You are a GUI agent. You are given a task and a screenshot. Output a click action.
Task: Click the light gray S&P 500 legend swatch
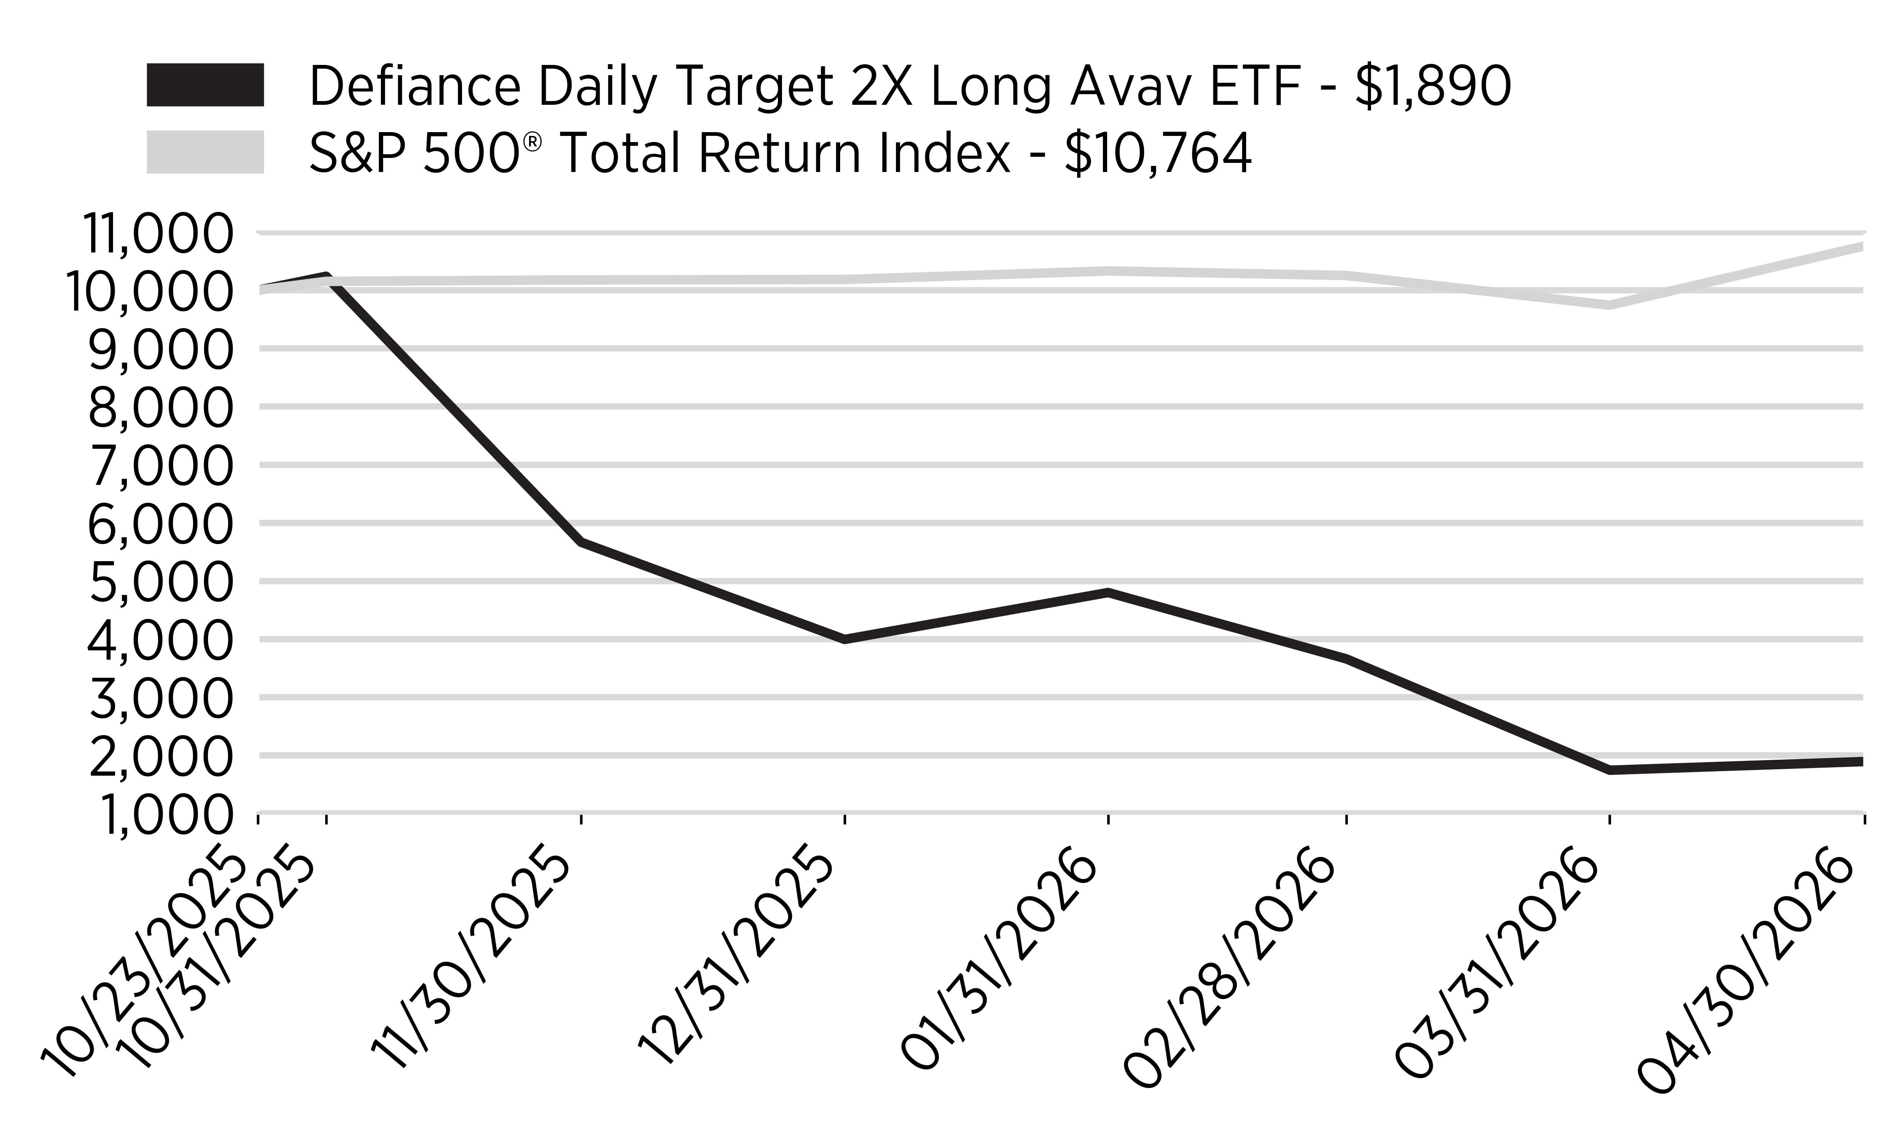205,152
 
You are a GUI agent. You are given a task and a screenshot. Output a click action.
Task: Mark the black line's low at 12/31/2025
844,639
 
